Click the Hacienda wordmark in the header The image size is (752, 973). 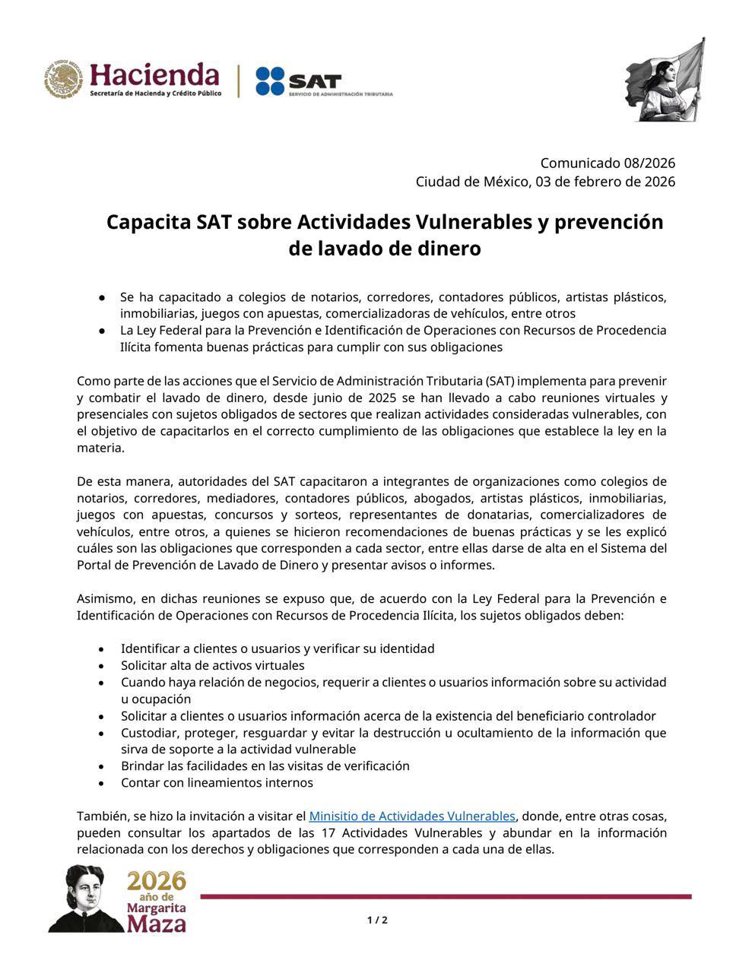tap(154, 74)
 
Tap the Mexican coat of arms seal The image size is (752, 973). tap(63, 80)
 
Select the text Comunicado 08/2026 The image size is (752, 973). tap(608, 163)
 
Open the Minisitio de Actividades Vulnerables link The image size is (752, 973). tap(411, 816)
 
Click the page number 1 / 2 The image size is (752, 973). tap(377, 920)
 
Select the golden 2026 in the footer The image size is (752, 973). tap(156, 881)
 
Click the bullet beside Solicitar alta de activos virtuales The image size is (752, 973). tap(101, 666)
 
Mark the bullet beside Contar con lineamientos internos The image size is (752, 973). tap(101, 783)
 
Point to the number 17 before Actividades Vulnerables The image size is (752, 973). tap(328, 832)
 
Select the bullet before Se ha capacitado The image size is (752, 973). tap(101, 297)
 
